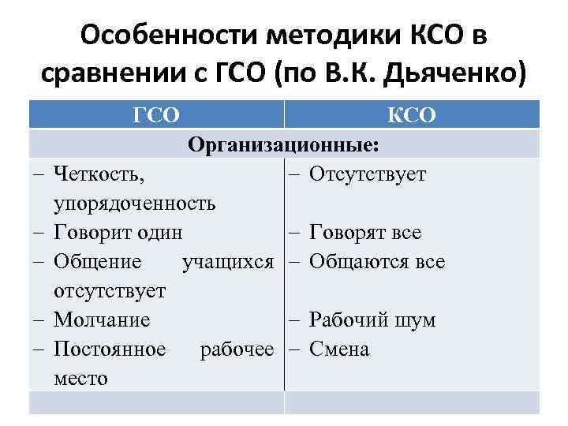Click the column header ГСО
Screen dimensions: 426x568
click(157, 116)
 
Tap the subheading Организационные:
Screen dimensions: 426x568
click(283, 145)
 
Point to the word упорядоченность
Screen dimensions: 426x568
click(134, 204)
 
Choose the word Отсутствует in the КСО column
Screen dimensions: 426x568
click(368, 174)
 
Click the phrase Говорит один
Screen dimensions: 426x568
click(118, 233)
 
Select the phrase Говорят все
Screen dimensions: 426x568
click(365, 233)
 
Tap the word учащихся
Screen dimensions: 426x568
click(228, 262)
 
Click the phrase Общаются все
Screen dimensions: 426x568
click(377, 262)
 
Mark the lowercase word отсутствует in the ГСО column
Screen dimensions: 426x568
click(110, 291)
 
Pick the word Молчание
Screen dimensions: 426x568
click(102, 320)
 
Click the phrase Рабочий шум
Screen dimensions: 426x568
click(372, 320)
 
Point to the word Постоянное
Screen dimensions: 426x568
click(110, 349)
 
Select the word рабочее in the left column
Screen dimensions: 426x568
click(237, 349)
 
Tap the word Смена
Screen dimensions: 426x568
click(339, 349)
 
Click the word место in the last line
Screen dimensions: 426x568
click(81, 378)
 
